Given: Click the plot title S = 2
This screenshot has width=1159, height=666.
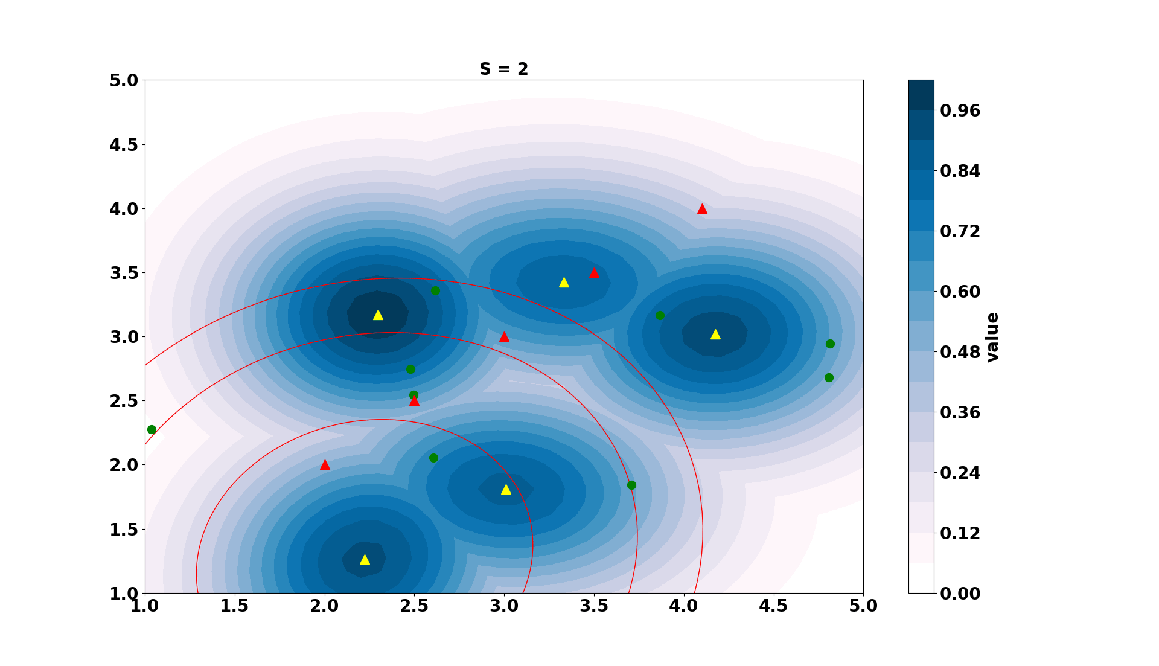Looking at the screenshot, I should (503, 69).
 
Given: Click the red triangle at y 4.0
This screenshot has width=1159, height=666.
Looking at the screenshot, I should (702, 209).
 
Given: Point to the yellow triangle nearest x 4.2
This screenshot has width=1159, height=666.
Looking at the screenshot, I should (715, 335).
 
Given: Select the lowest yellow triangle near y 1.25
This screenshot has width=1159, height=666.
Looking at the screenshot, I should (365, 560).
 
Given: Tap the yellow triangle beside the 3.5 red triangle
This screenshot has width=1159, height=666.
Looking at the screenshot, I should (564, 283).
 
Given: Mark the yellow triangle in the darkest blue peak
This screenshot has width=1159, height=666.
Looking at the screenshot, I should (378, 315).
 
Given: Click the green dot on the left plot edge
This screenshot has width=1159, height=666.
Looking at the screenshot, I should (152, 430).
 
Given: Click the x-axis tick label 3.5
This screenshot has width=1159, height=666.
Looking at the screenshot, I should (594, 606).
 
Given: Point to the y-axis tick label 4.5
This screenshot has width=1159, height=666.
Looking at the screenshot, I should (124, 145).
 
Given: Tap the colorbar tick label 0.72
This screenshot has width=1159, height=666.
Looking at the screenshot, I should (960, 231).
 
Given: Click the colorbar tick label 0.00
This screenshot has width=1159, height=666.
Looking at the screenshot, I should (960, 594).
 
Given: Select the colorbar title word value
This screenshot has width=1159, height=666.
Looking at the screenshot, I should (992, 337).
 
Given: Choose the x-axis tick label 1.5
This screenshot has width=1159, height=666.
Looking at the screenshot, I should (234, 606).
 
